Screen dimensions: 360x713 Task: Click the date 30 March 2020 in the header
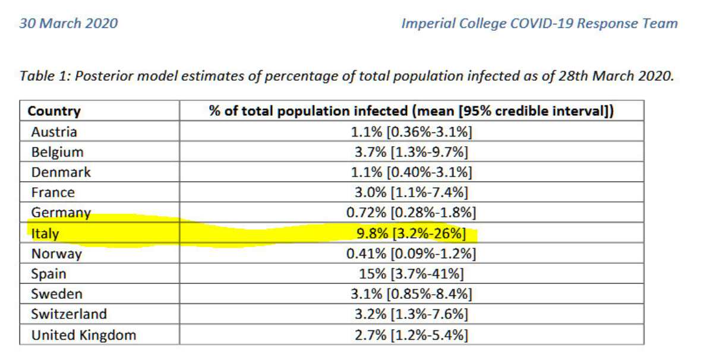coord(68,24)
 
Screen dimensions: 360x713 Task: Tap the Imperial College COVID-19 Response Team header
coord(539,24)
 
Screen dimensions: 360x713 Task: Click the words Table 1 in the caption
coord(42,77)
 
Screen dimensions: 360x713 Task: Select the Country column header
coord(54,111)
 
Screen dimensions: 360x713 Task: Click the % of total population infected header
coord(411,111)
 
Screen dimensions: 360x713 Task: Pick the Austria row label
coord(54,132)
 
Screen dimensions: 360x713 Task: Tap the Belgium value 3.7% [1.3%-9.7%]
coord(411,152)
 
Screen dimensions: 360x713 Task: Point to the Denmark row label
coord(61,172)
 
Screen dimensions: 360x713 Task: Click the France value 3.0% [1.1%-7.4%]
coord(411,192)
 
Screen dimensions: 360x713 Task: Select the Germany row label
coord(61,213)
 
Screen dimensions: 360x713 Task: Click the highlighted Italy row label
coord(46,233)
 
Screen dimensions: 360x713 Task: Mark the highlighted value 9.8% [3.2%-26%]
coord(411,233)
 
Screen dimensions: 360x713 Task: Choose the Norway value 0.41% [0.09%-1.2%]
coord(411,254)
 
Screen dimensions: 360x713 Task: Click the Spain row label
coord(49,274)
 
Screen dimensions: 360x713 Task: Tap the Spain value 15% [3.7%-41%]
coord(411,274)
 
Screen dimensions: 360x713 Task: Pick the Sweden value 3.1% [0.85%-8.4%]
coord(411,294)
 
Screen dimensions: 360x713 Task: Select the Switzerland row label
coord(69,314)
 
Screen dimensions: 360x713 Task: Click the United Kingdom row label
coord(84,335)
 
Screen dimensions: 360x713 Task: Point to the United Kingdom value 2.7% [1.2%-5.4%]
coord(411,335)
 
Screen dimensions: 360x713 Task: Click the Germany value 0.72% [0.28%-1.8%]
coord(411,213)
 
